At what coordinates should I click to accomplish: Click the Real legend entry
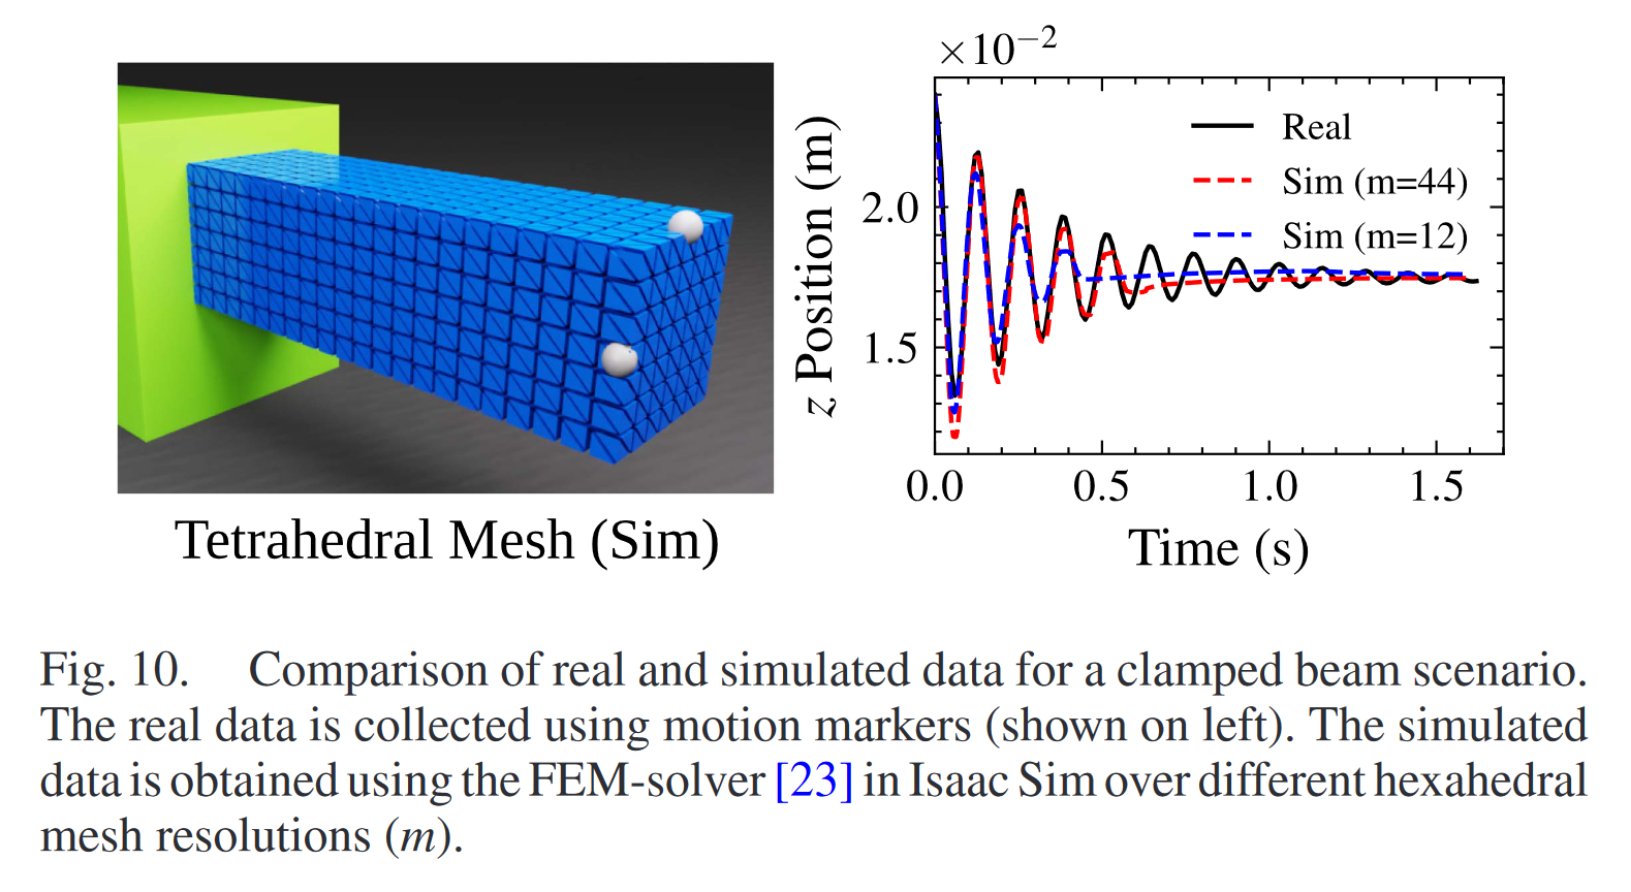click(x=1315, y=127)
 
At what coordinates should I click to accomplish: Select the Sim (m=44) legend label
click(x=1374, y=182)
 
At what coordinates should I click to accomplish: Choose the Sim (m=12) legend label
click(x=1374, y=236)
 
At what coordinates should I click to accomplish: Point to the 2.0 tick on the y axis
click(x=890, y=208)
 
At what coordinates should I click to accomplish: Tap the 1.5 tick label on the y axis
click(x=890, y=349)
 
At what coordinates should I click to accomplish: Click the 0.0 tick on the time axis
click(x=935, y=487)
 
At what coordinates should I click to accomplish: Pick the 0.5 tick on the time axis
click(x=1101, y=487)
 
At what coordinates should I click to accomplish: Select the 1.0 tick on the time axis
click(x=1269, y=487)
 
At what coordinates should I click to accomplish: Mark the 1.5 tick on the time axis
click(x=1437, y=487)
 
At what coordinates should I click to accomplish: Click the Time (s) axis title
click(x=1218, y=548)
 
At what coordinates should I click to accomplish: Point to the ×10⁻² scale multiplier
click(x=997, y=47)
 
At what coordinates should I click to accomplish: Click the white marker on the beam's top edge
click(x=686, y=226)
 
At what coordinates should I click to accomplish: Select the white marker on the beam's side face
click(x=620, y=359)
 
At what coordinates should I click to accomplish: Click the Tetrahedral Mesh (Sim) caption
click(x=447, y=541)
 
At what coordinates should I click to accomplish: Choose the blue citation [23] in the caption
click(x=814, y=780)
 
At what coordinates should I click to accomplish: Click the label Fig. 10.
click(x=114, y=670)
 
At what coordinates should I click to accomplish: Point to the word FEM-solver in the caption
click(x=646, y=780)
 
